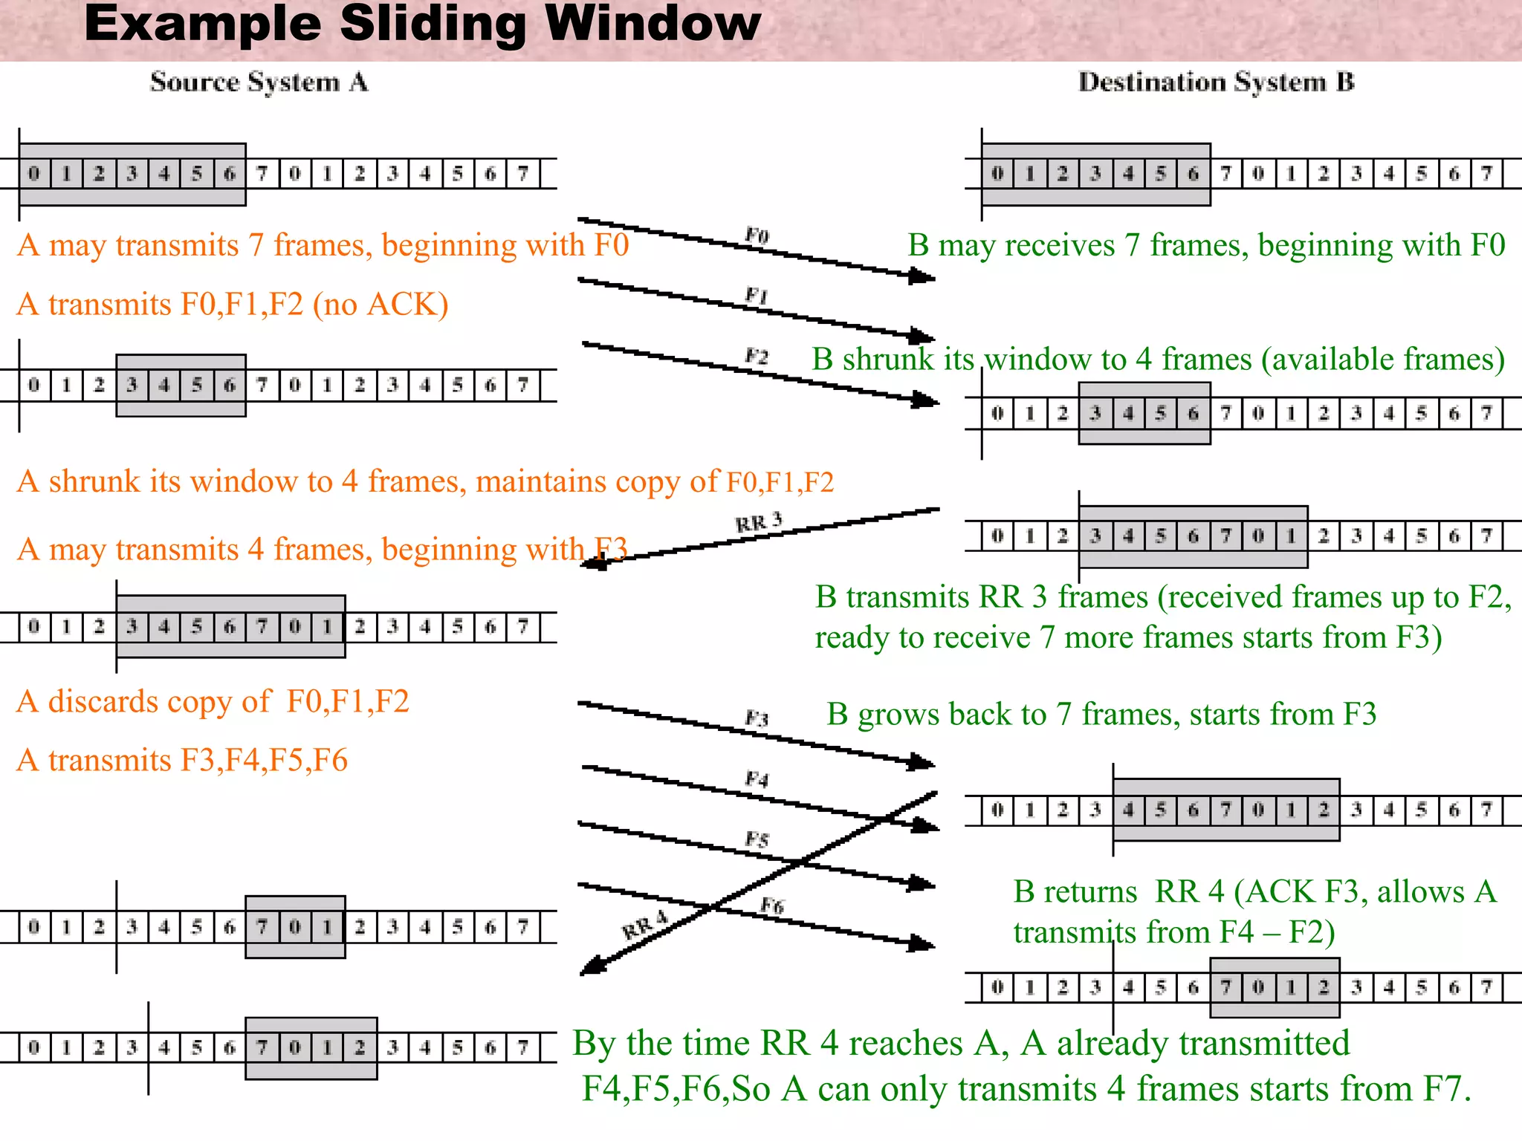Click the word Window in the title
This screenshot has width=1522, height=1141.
(652, 24)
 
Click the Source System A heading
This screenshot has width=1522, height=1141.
(259, 82)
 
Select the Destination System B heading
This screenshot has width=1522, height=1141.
(1216, 82)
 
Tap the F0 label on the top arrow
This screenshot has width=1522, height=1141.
(757, 235)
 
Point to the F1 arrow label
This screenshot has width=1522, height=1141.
(757, 296)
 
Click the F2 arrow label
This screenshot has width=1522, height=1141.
(757, 357)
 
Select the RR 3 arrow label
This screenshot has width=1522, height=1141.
(759, 522)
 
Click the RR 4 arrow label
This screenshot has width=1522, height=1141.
(644, 926)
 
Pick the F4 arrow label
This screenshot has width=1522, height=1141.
(757, 779)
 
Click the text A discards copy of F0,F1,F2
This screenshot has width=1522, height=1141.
(213, 701)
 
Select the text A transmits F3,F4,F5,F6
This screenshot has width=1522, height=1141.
(182, 760)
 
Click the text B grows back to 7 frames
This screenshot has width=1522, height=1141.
(1101, 714)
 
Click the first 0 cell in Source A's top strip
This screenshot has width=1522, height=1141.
(33, 174)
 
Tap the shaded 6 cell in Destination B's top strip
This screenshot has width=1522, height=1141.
(1193, 174)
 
